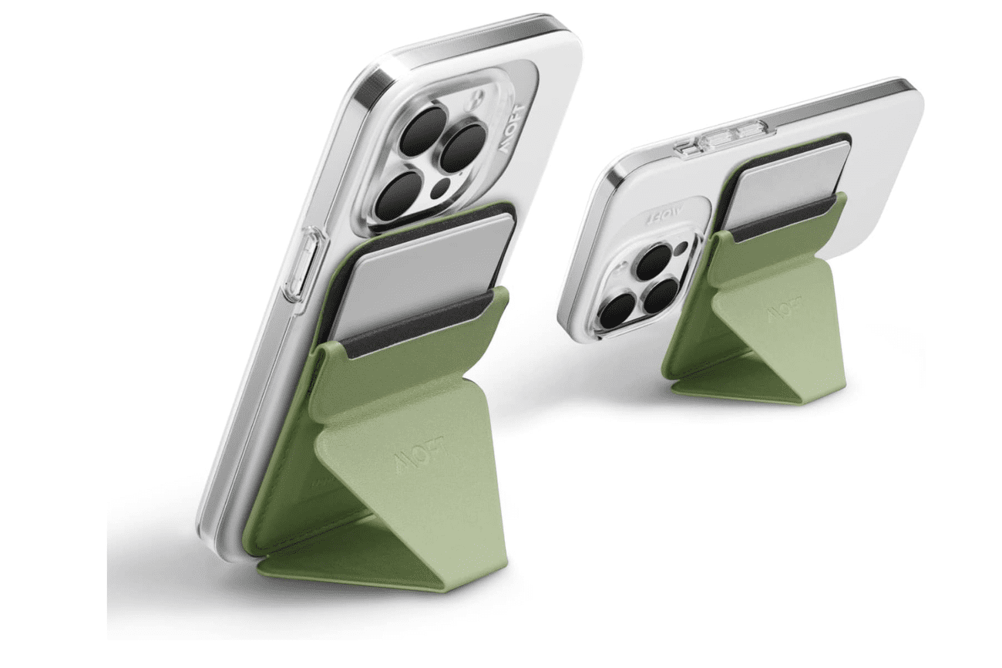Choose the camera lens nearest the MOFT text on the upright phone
click(462, 147)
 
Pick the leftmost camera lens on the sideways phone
click(617, 309)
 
